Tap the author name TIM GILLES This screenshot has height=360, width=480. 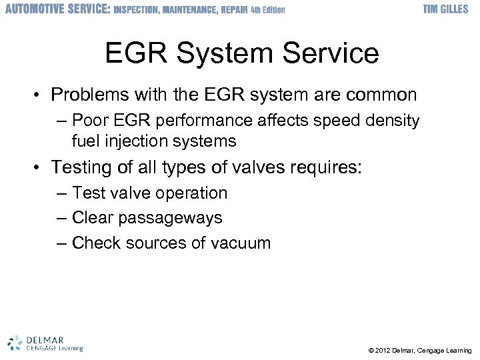pos(446,9)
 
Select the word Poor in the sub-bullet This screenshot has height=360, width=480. pos(88,121)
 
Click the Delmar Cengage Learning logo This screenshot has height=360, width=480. pos(46,342)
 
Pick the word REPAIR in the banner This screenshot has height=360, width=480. pos(233,10)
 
